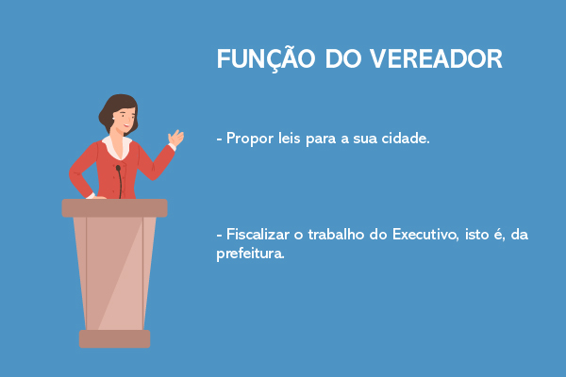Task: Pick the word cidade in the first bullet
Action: (404, 138)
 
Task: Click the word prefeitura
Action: (250, 254)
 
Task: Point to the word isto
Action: (479, 235)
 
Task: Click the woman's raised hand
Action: (175, 139)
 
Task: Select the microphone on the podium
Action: (119, 179)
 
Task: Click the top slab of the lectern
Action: (114, 207)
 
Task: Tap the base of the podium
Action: (114, 338)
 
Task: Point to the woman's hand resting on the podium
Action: (94, 196)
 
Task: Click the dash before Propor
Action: (219, 139)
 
